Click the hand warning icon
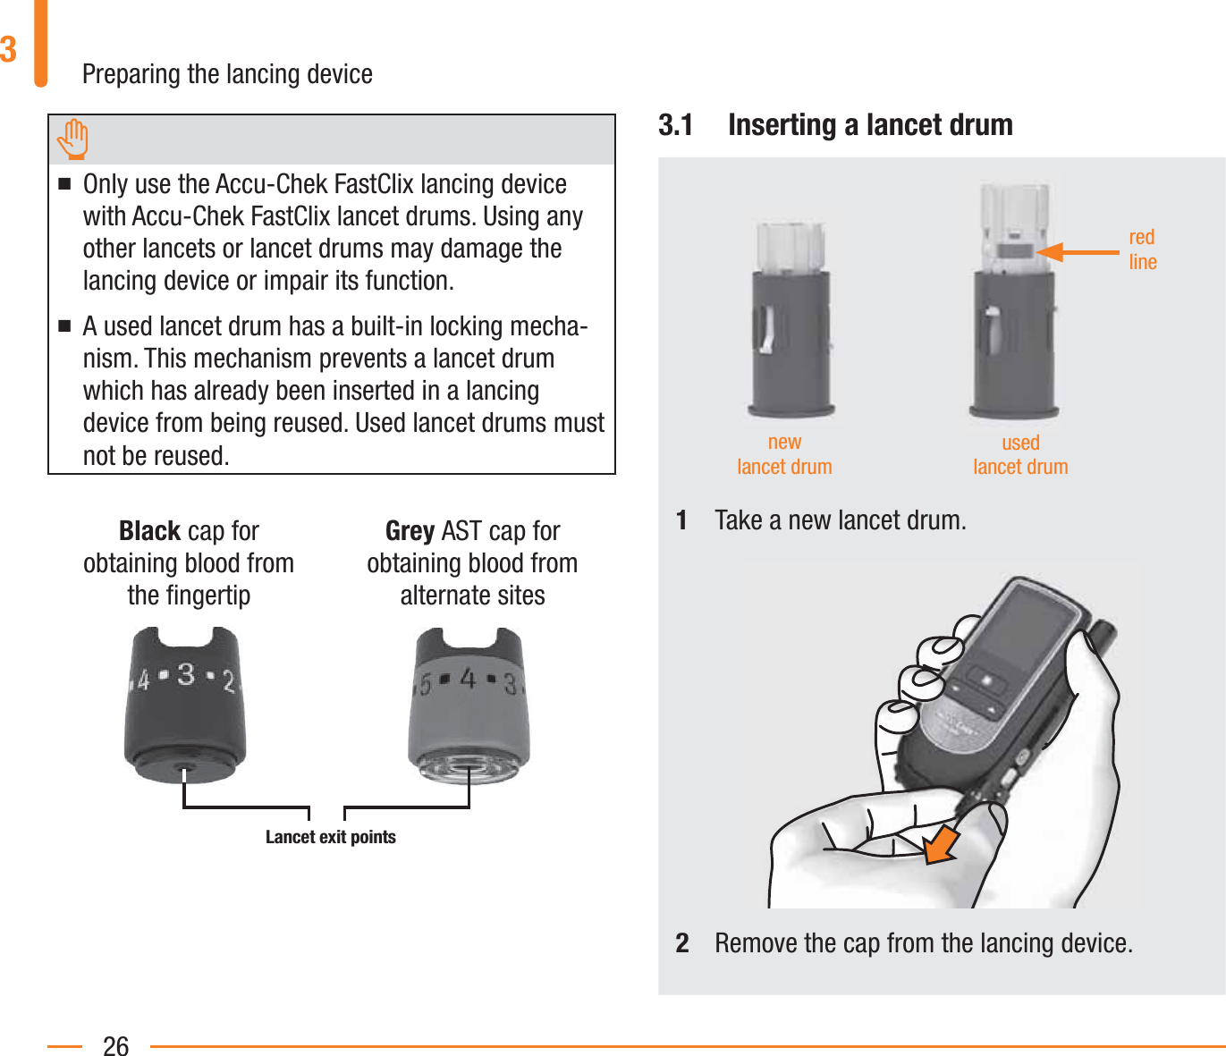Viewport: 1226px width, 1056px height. [x=73, y=139]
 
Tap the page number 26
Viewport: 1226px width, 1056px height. [x=116, y=1045]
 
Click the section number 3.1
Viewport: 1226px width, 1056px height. [x=676, y=125]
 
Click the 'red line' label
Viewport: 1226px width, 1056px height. [x=1142, y=249]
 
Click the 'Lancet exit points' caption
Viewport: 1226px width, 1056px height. [x=330, y=837]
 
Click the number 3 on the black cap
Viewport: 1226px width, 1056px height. [x=186, y=674]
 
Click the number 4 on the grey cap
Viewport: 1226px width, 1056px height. [x=468, y=680]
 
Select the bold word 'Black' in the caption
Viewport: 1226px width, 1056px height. [x=150, y=531]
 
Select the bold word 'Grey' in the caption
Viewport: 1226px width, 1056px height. [x=410, y=531]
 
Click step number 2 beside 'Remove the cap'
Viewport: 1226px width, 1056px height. [x=682, y=943]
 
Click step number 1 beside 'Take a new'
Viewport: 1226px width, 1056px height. [x=682, y=520]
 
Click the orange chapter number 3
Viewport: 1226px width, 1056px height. [x=9, y=50]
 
